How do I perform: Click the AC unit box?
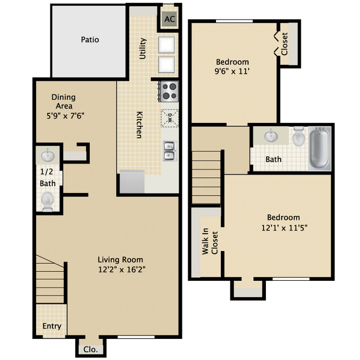coord(169,19)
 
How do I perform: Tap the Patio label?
coord(90,40)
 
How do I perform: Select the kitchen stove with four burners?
coord(169,91)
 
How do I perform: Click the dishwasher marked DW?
coord(169,117)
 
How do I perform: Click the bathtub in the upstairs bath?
coord(319,148)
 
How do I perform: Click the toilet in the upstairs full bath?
coord(299,136)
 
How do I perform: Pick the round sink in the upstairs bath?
coord(271,136)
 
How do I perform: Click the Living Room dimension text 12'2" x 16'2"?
coord(120,269)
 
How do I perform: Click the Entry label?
coord(52,326)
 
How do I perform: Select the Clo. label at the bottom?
coord(90,349)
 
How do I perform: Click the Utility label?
coord(143,48)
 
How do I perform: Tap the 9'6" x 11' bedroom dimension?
coord(233,71)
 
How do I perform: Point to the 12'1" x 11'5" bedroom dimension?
coord(284,227)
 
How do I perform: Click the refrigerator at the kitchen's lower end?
coord(132,182)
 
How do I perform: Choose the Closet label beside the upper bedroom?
coord(285,44)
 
